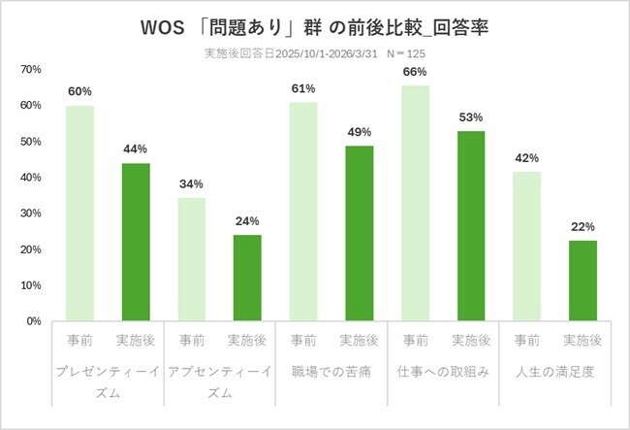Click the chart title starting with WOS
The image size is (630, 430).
(x=315, y=22)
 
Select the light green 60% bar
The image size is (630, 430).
(x=79, y=213)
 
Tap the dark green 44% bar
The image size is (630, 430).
(x=135, y=242)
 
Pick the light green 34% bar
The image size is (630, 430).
(x=191, y=259)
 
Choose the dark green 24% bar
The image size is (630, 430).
(x=246, y=278)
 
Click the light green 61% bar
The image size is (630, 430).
(x=302, y=211)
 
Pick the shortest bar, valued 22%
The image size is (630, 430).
(x=582, y=281)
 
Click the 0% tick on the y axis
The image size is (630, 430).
(x=33, y=321)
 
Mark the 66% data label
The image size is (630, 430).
(x=414, y=72)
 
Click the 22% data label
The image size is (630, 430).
(x=582, y=227)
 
